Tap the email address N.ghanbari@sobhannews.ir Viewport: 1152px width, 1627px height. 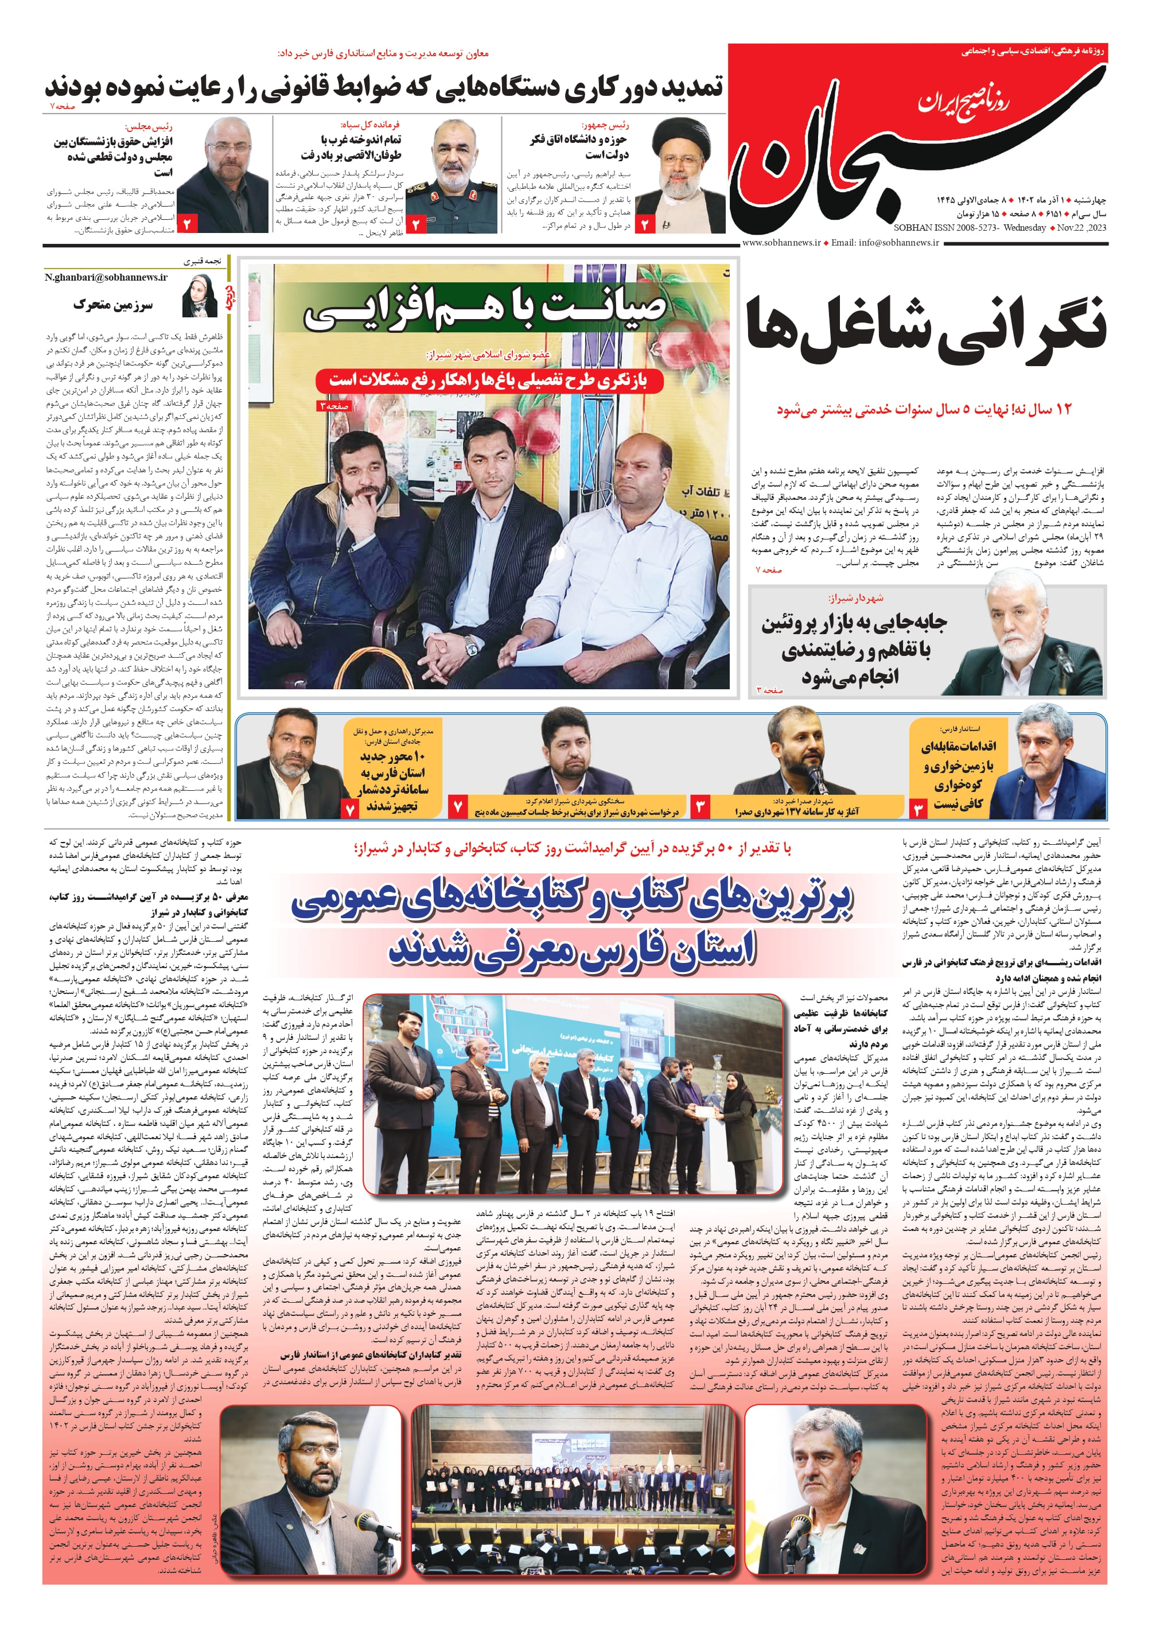[106, 277]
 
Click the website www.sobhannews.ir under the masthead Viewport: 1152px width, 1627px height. [781, 243]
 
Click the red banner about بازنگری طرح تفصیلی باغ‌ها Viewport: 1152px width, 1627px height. [488, 380]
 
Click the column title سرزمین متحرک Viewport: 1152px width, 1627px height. [113, 305]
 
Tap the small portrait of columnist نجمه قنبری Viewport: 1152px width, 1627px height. [201, 297]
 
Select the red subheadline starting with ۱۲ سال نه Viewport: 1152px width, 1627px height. [924, 409]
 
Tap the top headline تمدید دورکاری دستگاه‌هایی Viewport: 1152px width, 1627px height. [384, 87]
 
